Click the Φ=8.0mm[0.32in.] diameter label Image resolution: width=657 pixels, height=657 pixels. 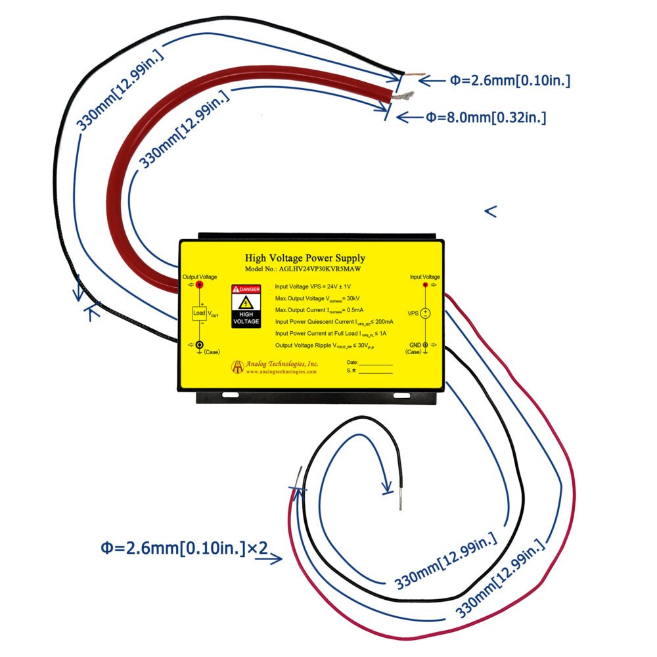[486, 118]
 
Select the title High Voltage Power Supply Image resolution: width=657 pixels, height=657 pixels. [305, 258]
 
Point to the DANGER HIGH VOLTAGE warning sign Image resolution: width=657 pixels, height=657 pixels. [246, 306]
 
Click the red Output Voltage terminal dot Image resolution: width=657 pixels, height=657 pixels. [200, 285]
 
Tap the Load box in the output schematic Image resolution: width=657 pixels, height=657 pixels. [199, 313]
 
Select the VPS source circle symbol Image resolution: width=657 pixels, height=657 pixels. [425, 313]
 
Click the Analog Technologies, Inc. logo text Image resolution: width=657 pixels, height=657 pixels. [283, 363]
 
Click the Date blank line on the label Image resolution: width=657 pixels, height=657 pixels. [375, 363]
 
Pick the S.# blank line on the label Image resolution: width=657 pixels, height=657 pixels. [375, 372]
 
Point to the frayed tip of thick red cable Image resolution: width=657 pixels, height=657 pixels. [403, 97]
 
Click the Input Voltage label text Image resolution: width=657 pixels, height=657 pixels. [424, 277]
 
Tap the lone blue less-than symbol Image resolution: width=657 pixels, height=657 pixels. [490, 211]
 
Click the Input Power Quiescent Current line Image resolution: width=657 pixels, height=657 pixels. [334, 322]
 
